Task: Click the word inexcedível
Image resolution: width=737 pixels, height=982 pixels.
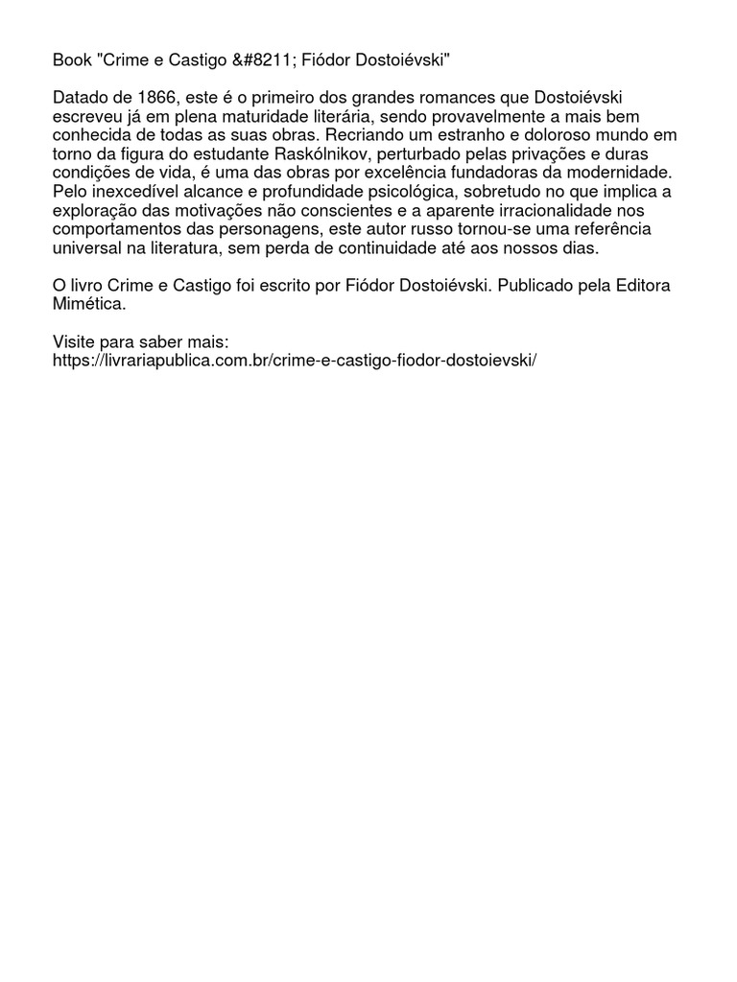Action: coord(141,192)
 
